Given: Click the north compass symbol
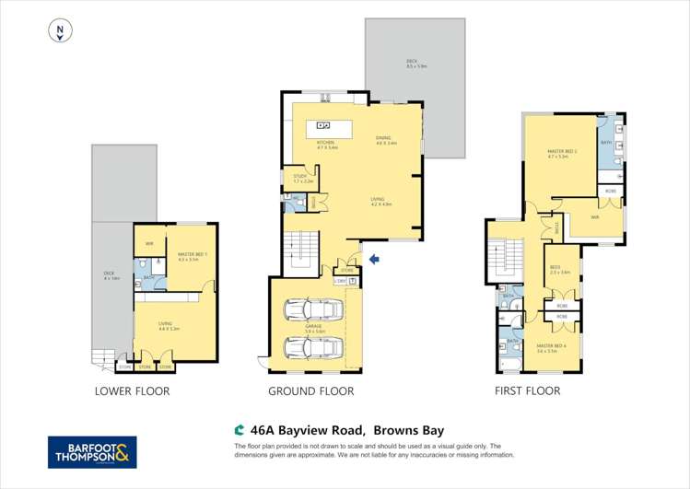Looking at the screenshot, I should click(x=60, y=31).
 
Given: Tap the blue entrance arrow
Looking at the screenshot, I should click(x=372, y=260).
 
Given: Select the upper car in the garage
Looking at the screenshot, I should click(x=313, y=309).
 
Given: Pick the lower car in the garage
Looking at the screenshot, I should click(x=313, y=347).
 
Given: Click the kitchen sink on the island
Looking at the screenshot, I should click(x=323, y=125).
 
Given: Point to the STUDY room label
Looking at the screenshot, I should click(x=299, y=176).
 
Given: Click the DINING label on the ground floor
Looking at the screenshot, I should click(x=385, y=139).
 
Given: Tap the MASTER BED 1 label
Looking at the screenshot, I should click(x=188, y=257).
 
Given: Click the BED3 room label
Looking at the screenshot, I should click(x=560, y=270).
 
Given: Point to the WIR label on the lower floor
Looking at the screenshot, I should click(x=149, y=244).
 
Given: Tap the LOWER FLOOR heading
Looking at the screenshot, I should click(x=133, y=391).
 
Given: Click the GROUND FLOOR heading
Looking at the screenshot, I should click(x=310, y=391).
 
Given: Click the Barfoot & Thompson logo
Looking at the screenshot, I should click(x=92, y=452).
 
